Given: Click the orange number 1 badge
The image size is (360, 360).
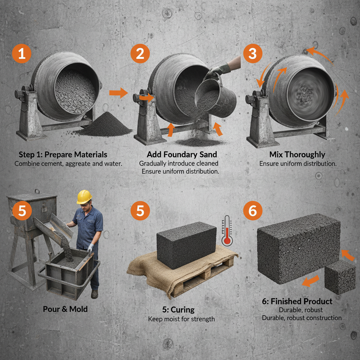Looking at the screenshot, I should pos(22,54).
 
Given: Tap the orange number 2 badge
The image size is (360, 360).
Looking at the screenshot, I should pos(140,54).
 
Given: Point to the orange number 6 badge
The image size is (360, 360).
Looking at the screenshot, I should pos(252,211).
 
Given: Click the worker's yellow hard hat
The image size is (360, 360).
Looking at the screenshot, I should pos(84,197).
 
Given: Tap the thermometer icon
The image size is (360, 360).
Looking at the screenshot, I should pos(227,231).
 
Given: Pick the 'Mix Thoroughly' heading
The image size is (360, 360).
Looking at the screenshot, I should pos(297,155).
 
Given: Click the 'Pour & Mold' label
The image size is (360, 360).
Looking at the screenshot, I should pos(65,309).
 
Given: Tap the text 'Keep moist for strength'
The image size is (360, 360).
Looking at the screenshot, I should pos(181,319).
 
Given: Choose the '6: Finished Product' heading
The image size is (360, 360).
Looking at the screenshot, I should pos(301,302).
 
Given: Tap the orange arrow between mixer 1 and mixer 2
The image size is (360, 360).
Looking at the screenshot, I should pos(118,93).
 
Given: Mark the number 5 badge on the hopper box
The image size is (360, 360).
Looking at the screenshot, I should pos(22,211).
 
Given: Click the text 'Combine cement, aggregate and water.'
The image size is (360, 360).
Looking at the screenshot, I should pos(68,164).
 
